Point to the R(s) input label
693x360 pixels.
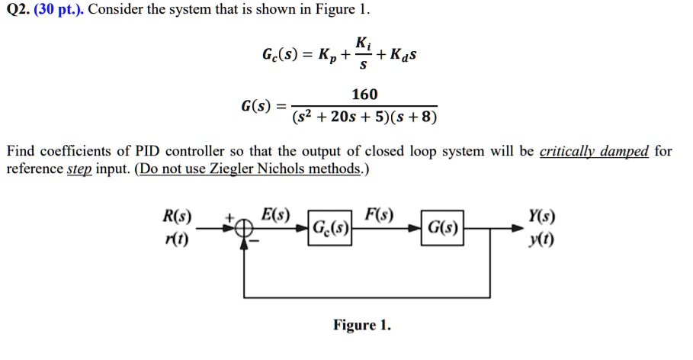click(178, 216)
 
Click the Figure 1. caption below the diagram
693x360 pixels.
click(362, 326)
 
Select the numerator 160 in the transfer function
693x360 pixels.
click(364, 94)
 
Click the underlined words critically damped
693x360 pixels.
click(594, 151)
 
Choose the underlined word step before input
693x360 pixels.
click(79, 169)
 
